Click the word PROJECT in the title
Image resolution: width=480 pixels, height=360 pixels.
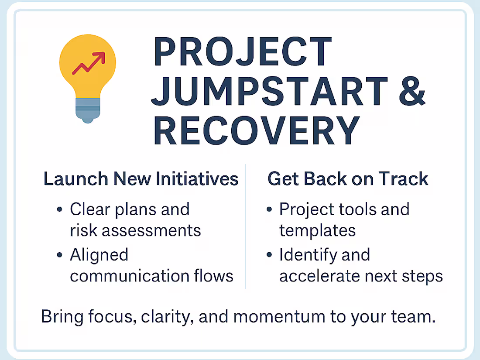point(243,53)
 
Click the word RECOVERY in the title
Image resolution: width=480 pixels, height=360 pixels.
point(257,131)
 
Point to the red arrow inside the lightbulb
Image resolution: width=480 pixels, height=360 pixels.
point(89,63)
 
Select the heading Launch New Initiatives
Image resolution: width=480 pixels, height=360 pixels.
point(141,179)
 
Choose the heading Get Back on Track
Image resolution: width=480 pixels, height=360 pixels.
point(348,179)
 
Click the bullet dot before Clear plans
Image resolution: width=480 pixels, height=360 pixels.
point(60,210)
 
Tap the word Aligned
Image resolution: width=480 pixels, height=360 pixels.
point(99,255)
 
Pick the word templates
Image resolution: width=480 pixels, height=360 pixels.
point(318,230)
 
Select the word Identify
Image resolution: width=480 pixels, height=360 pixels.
point(307,255)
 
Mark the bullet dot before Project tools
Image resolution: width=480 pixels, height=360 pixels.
point(269,210)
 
